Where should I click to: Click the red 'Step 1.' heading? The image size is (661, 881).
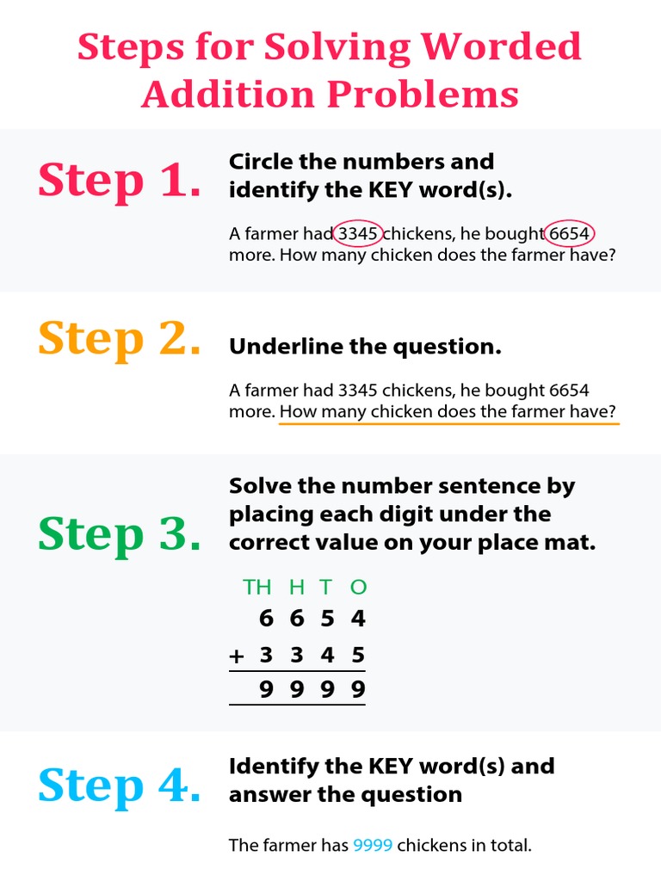point(120,181)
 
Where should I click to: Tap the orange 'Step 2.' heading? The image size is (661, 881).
point(120,339)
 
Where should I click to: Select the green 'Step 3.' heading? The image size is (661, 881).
point(120,534)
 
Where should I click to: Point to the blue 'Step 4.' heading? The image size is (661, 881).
point(120,786)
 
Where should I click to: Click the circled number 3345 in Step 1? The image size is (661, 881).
point(358,233)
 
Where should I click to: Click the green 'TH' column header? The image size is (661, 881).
point(256,588)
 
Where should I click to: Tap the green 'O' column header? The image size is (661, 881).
point(359,588)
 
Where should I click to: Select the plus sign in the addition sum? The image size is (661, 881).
point(237,656)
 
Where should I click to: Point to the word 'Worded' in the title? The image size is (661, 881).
point(508,47)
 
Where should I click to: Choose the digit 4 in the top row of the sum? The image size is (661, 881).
point(359,619)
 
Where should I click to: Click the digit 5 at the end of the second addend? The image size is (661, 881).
point(359,656)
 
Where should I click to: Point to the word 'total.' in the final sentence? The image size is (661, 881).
point(510,846)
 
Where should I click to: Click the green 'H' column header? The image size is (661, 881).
point(297,588)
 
